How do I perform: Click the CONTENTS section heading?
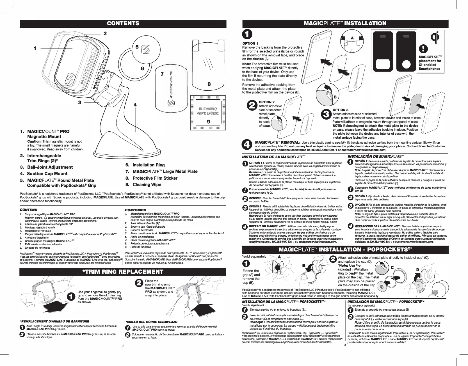pos(123,23)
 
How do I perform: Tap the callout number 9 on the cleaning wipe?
pos(208,122)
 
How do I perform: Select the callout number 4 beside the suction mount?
pos(135,104)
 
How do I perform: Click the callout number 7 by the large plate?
pos(162,74)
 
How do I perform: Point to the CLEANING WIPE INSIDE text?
pos(208,111)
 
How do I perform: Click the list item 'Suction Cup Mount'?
pos(47,173)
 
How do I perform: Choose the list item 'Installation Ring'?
pos(149,165)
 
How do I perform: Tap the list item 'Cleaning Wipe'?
pos(147,185)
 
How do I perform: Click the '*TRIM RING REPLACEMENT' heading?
pos(123,272)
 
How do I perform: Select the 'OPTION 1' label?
pos(250,44)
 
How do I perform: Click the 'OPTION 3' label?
pos(340,110)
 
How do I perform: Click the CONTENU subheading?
pos(28,210)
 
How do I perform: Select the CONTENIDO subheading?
pos(135,210)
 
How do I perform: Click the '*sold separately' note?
pos(254,257)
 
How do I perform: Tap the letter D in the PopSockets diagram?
pos(418,270)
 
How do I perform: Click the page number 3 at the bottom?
pos(345,345)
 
